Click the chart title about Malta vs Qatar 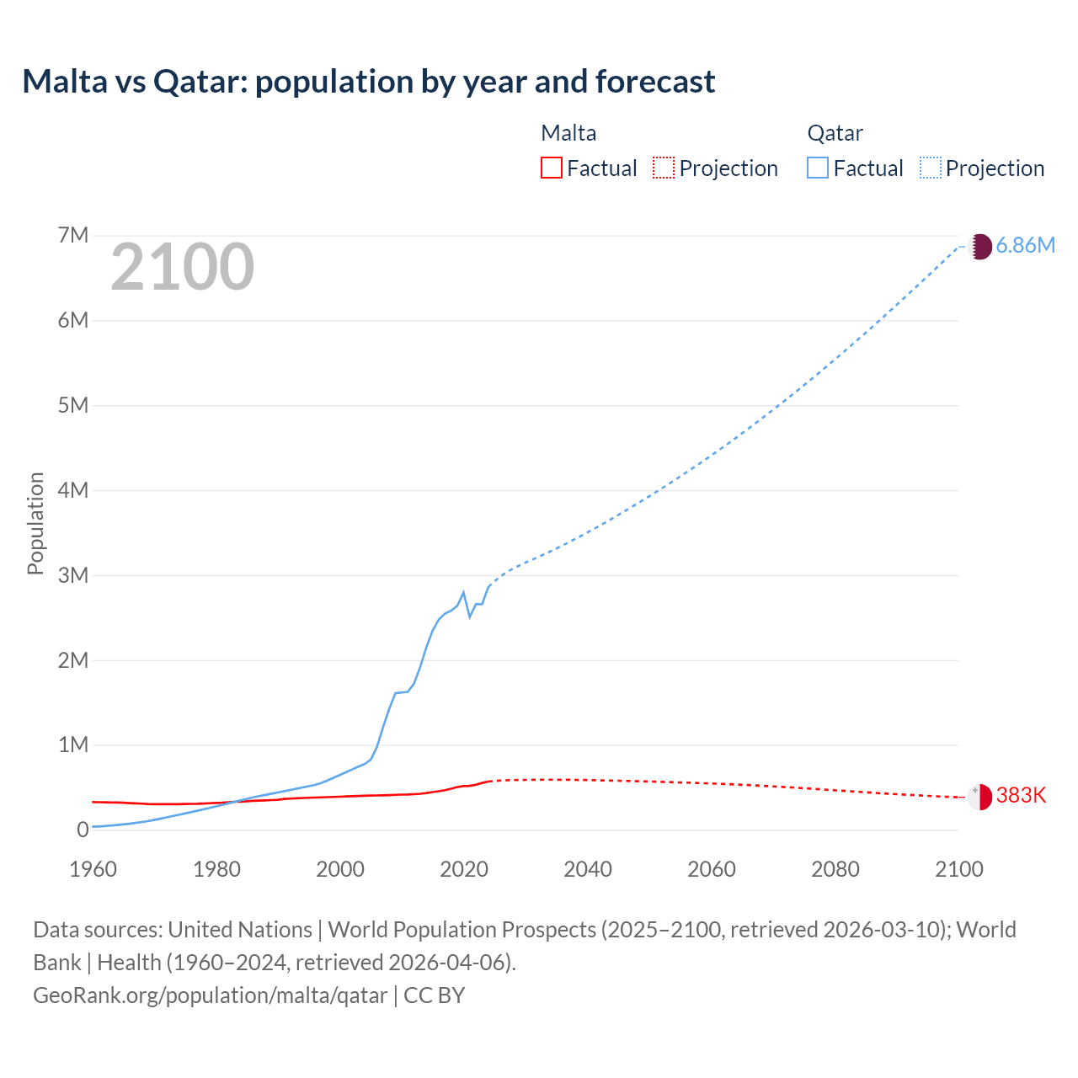[x=369, y=82]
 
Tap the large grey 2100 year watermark [x=182, y=267]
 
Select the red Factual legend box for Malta [x=551, y=168]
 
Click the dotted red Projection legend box [x=664, y=168]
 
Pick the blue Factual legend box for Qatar [x=817, y=168]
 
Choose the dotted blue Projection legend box [x=930, y=168]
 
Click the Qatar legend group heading [x=835, y=133]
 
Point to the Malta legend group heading [x=568, y=133]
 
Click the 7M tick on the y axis [x=73, y=235]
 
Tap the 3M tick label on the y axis [x=73, y=575]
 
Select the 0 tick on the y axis [x=83, y=830]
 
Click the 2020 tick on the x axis [x=464, y=869]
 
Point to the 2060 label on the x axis [x=712, y=869]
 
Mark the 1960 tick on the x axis [x=93, y=869]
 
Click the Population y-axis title [x=35, y=523]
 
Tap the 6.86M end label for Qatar [x=1025, y=245]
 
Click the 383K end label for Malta [x=1021, y=795]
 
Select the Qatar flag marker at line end [x=979, y=246]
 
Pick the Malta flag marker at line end [x=979, y=797]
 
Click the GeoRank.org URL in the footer [x=211, y=995]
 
